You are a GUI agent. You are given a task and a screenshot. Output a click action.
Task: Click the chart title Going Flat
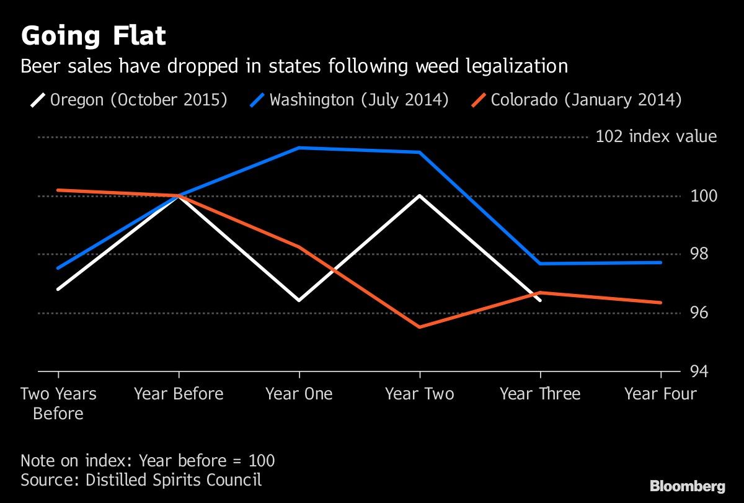pos(94,36)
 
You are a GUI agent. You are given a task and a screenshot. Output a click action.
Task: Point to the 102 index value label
pos(655,136)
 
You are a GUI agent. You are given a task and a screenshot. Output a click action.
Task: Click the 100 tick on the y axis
pos(703,196)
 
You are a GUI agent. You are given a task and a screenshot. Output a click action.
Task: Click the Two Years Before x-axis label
pos(58,403)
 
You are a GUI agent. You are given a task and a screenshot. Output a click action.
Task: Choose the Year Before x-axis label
pos(179,394)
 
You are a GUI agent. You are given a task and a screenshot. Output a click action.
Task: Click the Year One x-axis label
pos(299,394)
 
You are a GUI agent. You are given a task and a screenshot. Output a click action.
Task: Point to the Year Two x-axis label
pos(420,394)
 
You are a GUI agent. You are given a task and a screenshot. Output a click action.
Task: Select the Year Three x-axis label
pos(540,394)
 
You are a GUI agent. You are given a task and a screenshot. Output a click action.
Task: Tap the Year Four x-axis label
pos(660,394)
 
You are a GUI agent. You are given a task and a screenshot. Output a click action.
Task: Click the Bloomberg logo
pos(687,486)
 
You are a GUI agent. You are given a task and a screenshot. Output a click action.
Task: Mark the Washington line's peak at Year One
pos(299,148)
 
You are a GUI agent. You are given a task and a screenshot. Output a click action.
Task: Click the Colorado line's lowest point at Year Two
pos(420,327)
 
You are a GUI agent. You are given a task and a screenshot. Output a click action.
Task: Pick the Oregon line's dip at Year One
pos(299,300)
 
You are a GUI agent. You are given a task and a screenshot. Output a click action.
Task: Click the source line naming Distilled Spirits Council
pos(141,479)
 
